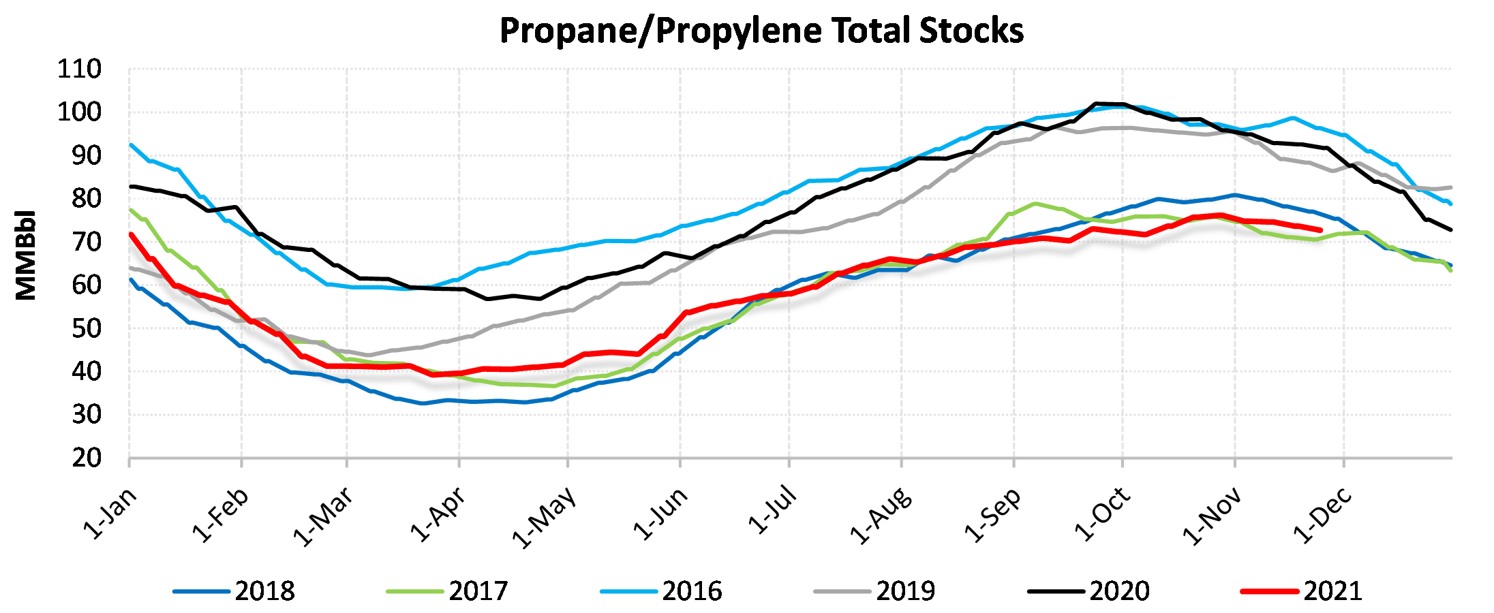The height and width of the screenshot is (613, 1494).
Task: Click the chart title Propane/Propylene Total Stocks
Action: [761, 31]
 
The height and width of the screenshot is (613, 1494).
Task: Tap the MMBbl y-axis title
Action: [26, 255]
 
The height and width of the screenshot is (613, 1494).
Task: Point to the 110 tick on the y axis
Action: [79, 69]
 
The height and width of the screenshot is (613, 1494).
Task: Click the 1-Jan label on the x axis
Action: [110, 514]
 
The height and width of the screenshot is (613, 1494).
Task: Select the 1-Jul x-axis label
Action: [772, 510]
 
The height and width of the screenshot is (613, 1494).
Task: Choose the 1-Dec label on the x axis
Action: [1323, 516]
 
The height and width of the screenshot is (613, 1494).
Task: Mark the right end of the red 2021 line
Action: [1322, 230]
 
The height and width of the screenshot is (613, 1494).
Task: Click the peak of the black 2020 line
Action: [1097, 104]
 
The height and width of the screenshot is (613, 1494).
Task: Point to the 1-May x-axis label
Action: [544, 518]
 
